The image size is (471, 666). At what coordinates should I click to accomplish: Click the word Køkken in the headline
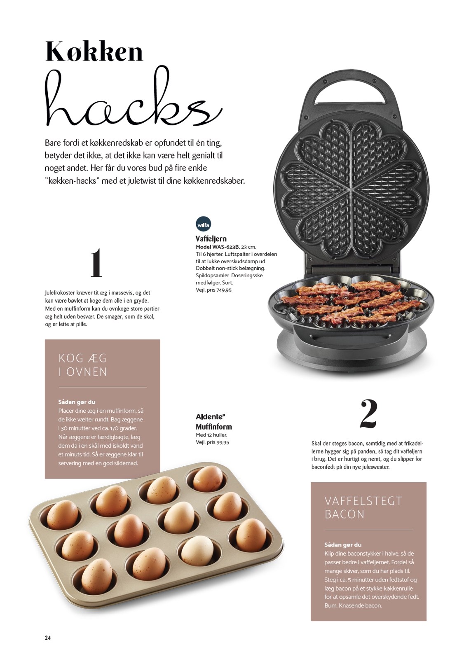(94, 52)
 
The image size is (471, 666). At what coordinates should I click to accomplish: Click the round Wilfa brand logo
(203, 224)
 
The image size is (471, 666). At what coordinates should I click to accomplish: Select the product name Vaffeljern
(211, 238)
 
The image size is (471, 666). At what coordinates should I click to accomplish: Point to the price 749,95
(224, 290)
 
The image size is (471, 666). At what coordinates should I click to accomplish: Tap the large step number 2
(368, 414)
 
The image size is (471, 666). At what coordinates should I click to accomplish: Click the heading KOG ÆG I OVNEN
(83, 365)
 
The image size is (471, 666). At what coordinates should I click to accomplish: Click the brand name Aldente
(210, 416)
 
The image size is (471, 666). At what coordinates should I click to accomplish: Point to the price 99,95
(223, 442)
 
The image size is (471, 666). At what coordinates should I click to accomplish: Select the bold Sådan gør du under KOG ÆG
(77, 402)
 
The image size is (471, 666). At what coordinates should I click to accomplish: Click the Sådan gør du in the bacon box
(343, 544)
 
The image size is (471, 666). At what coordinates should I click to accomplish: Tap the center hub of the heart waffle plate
(351, 189)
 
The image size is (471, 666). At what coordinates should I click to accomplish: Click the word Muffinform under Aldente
(213, 427)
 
